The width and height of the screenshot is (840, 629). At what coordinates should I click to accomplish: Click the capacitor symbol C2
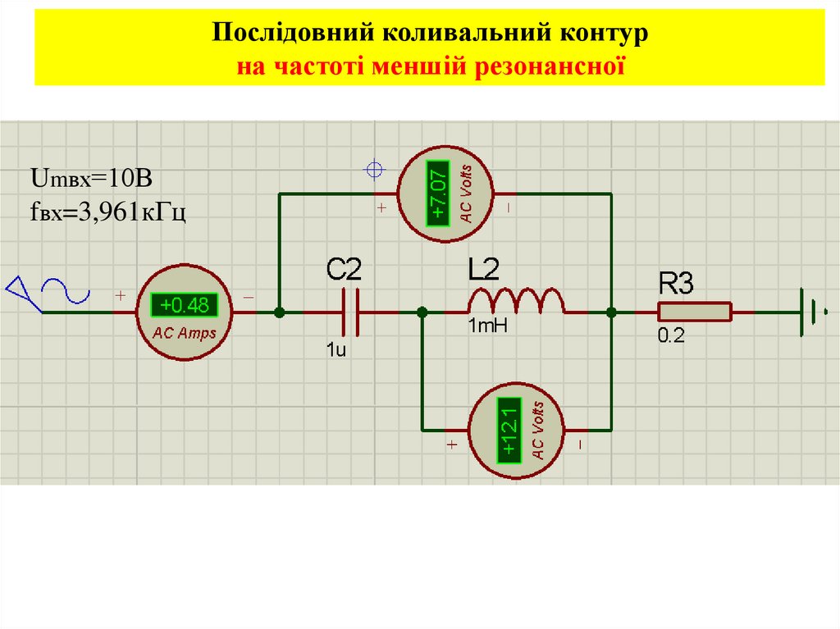pyautogui.click(x=352, y=312)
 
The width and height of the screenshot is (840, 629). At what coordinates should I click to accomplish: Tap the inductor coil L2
pyautogui.click(x=516, y=302)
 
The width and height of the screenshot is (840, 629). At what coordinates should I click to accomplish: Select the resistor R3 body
pyautogui.click(x=694, y=312)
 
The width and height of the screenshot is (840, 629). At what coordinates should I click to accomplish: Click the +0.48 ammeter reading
pyautogui.click(x=185, y=306)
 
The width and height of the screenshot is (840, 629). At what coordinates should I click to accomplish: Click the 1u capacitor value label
pyautogui.click(x=336, y=351)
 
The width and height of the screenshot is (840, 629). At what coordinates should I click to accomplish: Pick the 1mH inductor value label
pyautogui.click(x=488, y=326)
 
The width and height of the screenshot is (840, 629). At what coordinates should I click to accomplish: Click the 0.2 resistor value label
pyautogui.click(x=670, y=336)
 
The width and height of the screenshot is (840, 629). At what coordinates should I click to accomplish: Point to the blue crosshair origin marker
pyautogui.click(x=374, y=170)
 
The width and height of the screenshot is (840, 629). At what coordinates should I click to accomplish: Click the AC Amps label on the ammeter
pyautogui.click(x=185, y=333)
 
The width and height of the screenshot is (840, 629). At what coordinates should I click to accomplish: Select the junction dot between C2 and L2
pyautogui.click(x=422, y=312)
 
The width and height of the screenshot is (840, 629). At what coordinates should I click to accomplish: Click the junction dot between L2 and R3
pyautogui.click(x=611, y=312)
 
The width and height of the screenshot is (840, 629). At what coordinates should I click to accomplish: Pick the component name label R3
pyautogui.click(x=677, y=285)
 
